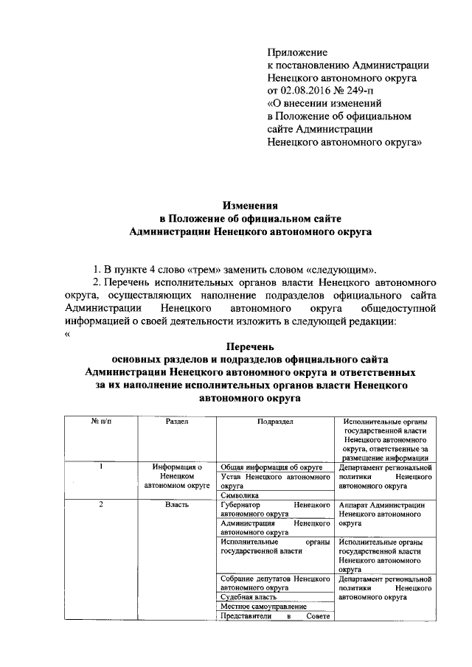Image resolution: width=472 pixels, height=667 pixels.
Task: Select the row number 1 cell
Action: click(101, 467)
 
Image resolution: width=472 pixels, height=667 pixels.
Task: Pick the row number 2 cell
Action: click(101, 505)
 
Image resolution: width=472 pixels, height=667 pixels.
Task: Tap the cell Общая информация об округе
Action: click(273, 467)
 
